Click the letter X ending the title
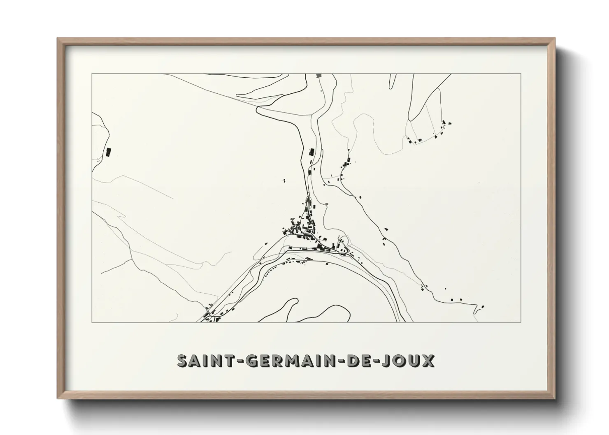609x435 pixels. pyautogui.click(x=428, y=361)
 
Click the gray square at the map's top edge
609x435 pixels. pyautogui.click(x=318, y=76)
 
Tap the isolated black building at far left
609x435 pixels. pyautogui.click(x=109, y=152)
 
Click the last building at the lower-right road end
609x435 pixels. pyautogui.click(x=483, y=306)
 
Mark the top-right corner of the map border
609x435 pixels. pyautogui.click(x=521, y=74)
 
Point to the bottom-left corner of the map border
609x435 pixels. pyautogui.click(x=92, y=322)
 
